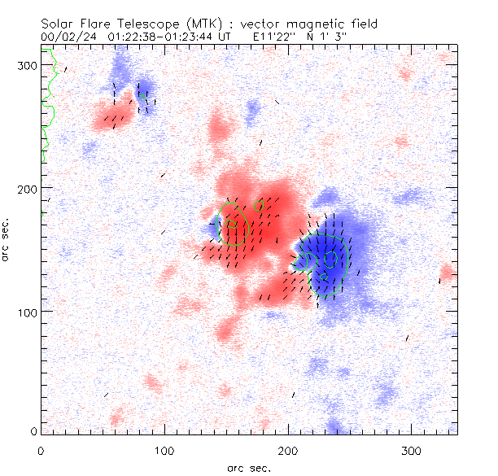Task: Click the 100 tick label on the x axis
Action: point(164,450)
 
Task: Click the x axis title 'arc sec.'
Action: point(250,468)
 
